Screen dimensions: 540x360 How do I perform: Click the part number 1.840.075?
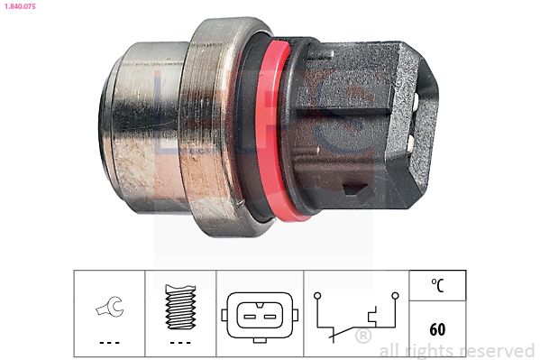click(20, 5)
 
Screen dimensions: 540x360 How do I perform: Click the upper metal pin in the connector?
click(415, 100)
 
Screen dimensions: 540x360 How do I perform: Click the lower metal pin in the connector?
click(410, 142)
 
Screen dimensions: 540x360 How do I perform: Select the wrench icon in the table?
click(109, 307)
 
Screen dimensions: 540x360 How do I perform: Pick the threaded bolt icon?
click(180, 307)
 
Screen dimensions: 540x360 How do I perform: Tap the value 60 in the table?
click(437, 329)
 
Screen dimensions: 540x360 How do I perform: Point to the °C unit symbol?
click(438, 285)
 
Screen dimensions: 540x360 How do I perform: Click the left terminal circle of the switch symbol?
click(317, 296)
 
